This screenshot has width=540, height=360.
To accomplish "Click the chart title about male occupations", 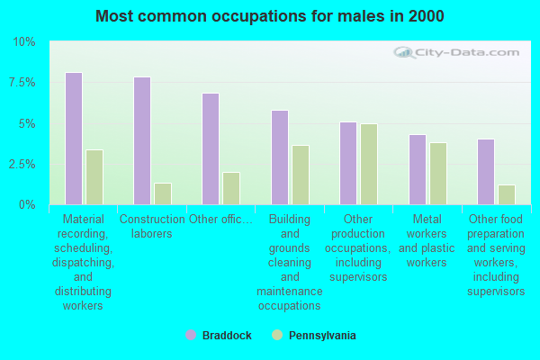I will click(270, 16).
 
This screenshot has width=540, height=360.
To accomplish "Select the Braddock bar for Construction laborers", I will click(142, 140).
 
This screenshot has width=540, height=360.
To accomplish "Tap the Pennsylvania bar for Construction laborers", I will click(163, 193).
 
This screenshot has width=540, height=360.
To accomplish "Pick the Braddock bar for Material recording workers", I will click(74, 139).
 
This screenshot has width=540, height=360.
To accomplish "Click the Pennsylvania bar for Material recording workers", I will click(94, 177).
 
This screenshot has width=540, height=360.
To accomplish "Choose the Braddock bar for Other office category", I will click(211, 148).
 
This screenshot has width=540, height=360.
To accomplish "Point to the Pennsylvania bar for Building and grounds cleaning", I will click(300, 175).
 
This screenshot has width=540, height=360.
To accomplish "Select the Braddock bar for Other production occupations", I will click(348, 163).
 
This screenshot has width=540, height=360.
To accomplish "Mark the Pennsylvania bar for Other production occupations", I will click(369, 164).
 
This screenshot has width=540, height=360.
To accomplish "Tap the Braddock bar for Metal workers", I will click(417, 169).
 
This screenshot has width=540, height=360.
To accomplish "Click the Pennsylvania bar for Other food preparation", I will click(507, 194).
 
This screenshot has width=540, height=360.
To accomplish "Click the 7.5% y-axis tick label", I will click(22, 83).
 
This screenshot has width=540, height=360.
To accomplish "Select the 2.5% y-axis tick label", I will click(22, 164).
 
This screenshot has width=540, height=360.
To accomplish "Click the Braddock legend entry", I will click(218, 336).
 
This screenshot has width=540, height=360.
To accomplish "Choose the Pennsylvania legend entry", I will click(313, 336).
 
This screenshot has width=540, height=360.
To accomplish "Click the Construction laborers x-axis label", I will click(152, 227).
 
